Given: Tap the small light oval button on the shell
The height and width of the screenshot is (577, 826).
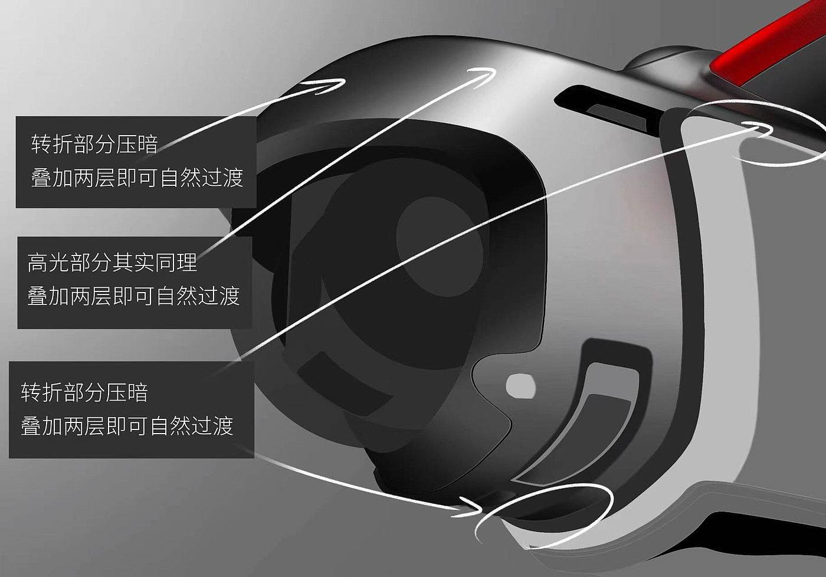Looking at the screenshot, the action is [x=520, y=386].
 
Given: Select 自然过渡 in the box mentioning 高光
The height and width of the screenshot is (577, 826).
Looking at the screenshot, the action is [x=198, y=296].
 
